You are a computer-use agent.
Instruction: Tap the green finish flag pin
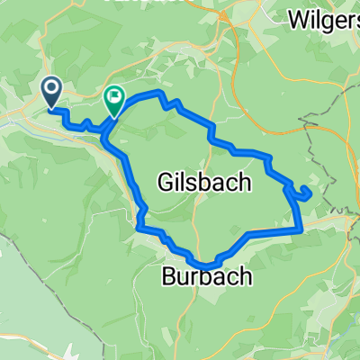115,99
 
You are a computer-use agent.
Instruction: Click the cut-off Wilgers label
324,17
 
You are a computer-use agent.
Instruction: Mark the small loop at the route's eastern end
301,191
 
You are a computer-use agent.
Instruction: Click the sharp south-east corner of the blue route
298,230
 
